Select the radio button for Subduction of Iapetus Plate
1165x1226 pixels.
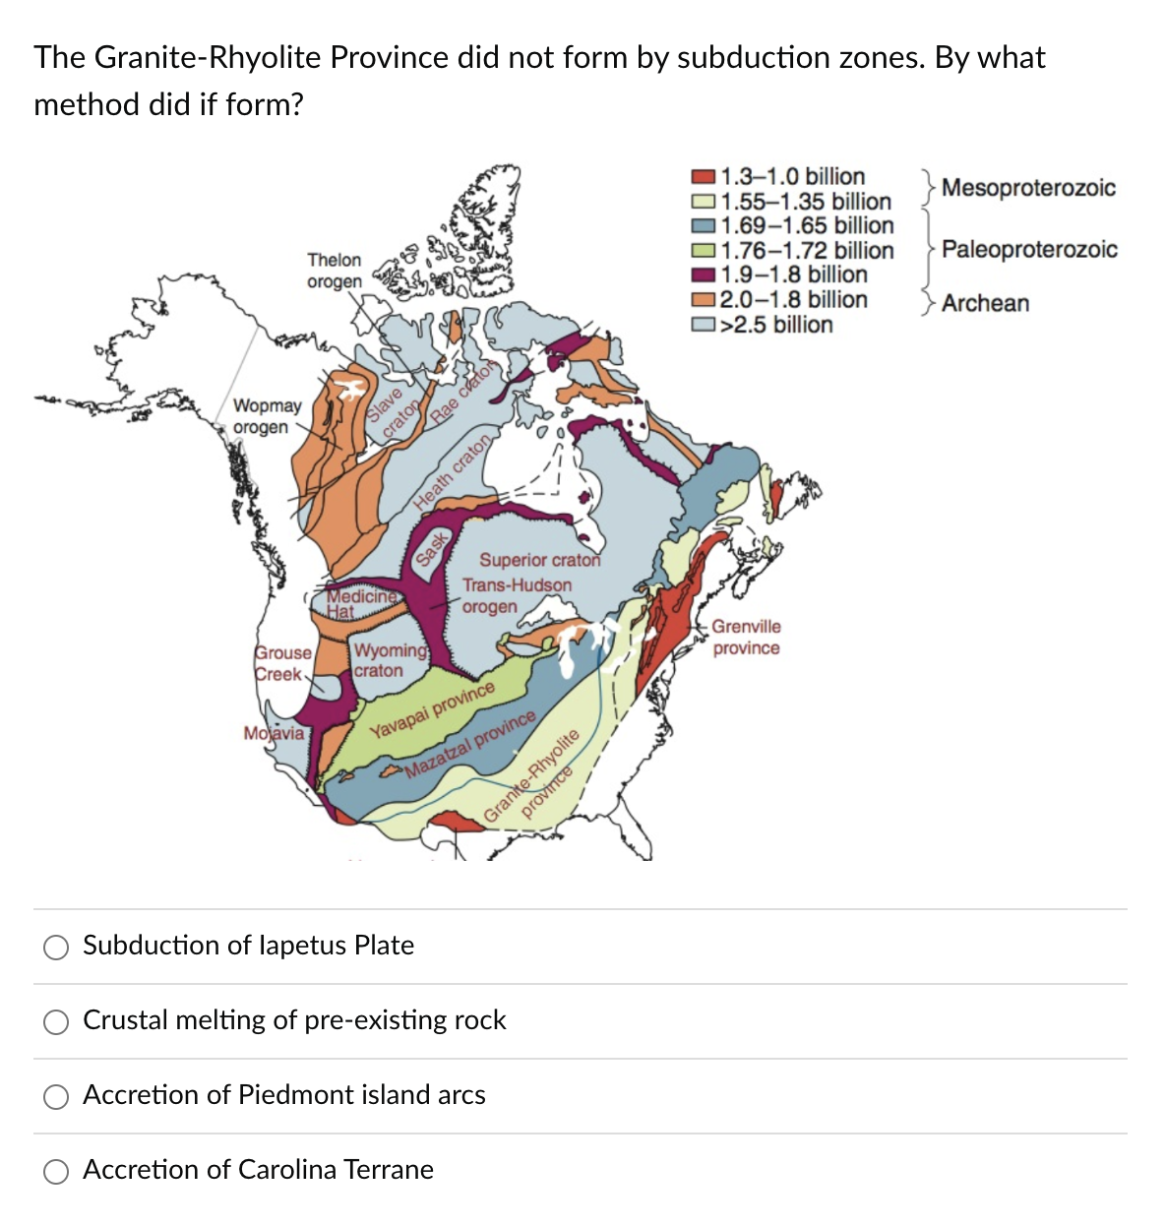coord(56,947)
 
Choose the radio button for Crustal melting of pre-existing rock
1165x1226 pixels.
coord(56,1021)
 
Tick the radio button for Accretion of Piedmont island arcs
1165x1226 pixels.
coord(56,1096)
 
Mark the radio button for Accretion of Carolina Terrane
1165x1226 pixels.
coord(56,1171)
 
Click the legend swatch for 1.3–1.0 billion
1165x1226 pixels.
coord(704,177)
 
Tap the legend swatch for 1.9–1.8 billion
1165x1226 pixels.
coord(704,276)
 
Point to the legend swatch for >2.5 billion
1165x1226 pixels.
coord(704,326)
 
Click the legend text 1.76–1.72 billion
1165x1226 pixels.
coord(807,251)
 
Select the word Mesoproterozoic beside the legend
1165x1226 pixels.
coord(1028,187)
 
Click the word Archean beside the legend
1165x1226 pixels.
coord(985,303)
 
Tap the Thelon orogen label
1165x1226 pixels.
coord(334,271)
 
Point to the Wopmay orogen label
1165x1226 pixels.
coord(266,416)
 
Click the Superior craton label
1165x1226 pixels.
coord(539,560)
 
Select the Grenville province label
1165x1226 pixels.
coord(746,637)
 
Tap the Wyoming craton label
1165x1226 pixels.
coord(390,660)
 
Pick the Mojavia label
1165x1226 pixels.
coord(274,733)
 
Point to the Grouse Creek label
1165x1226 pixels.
coord(283,663)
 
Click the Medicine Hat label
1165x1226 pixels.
coord(360,602)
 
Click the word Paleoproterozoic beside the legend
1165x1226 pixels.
coord(1029,249)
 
